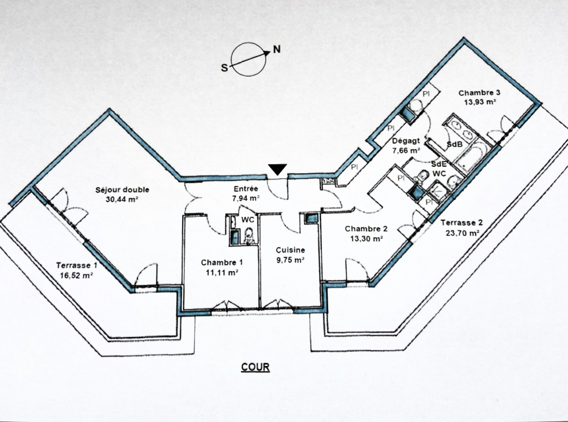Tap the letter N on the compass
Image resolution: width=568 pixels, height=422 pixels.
pos(277,49)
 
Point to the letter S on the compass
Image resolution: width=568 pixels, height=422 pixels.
pos(224,68)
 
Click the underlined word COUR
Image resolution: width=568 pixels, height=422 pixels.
pos(255,367)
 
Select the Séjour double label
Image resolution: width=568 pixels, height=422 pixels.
pos(122,190)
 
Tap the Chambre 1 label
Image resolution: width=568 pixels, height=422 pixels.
pos(222,263)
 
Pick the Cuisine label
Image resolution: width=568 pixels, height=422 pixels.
pos(290,250)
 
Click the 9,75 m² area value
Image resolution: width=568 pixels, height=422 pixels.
pos(290,260)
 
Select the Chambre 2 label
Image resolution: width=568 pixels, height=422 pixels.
pos(366,229)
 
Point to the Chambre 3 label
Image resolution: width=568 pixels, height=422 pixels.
pos(479,93)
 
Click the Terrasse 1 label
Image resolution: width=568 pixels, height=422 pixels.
pos(77,265)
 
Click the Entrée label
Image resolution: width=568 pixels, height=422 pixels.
pos(246,189)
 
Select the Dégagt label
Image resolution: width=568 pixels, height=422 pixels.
pos(406,141)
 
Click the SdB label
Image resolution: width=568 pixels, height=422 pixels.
pos(455,144)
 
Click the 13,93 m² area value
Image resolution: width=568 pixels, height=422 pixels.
pos(480,102)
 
